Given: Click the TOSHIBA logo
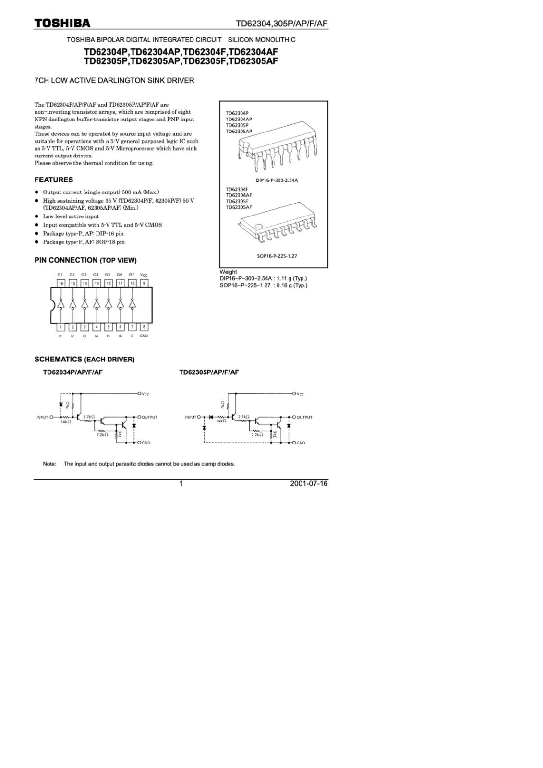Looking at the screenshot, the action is (x=62, y=24).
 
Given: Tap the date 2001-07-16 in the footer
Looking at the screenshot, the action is (x=309, y=483).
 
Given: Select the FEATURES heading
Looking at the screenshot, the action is (x=54, y=180).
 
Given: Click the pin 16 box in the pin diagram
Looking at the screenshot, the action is (x=60, y=283).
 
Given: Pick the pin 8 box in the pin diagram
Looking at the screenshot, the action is (x=144, y=327).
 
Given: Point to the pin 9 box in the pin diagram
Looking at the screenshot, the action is (x=144, y=283).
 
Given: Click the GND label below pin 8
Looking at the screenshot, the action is (x=144, y=336).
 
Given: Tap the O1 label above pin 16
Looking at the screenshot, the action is (x=60, y=275).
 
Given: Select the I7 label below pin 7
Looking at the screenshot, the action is (x=132, y=336).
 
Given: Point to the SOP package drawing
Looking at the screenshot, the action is (x=277, y=226).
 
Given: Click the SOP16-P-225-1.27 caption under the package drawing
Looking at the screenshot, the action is (x=277, y=256).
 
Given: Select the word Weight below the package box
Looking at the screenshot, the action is (x=228, y=272).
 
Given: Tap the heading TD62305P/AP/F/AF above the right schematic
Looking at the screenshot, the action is (x=209, y=372).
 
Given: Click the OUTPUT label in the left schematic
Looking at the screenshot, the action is (x=149, y=417).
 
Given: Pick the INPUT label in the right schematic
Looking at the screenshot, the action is (x=191, y=417).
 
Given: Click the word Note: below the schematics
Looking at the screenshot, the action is (x=49, y=464).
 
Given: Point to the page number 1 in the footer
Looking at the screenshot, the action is (x=181, y=483).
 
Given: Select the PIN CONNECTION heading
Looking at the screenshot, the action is (x=85, y=260).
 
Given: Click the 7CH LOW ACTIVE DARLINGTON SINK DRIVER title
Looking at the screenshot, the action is (x=114, y=80).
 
